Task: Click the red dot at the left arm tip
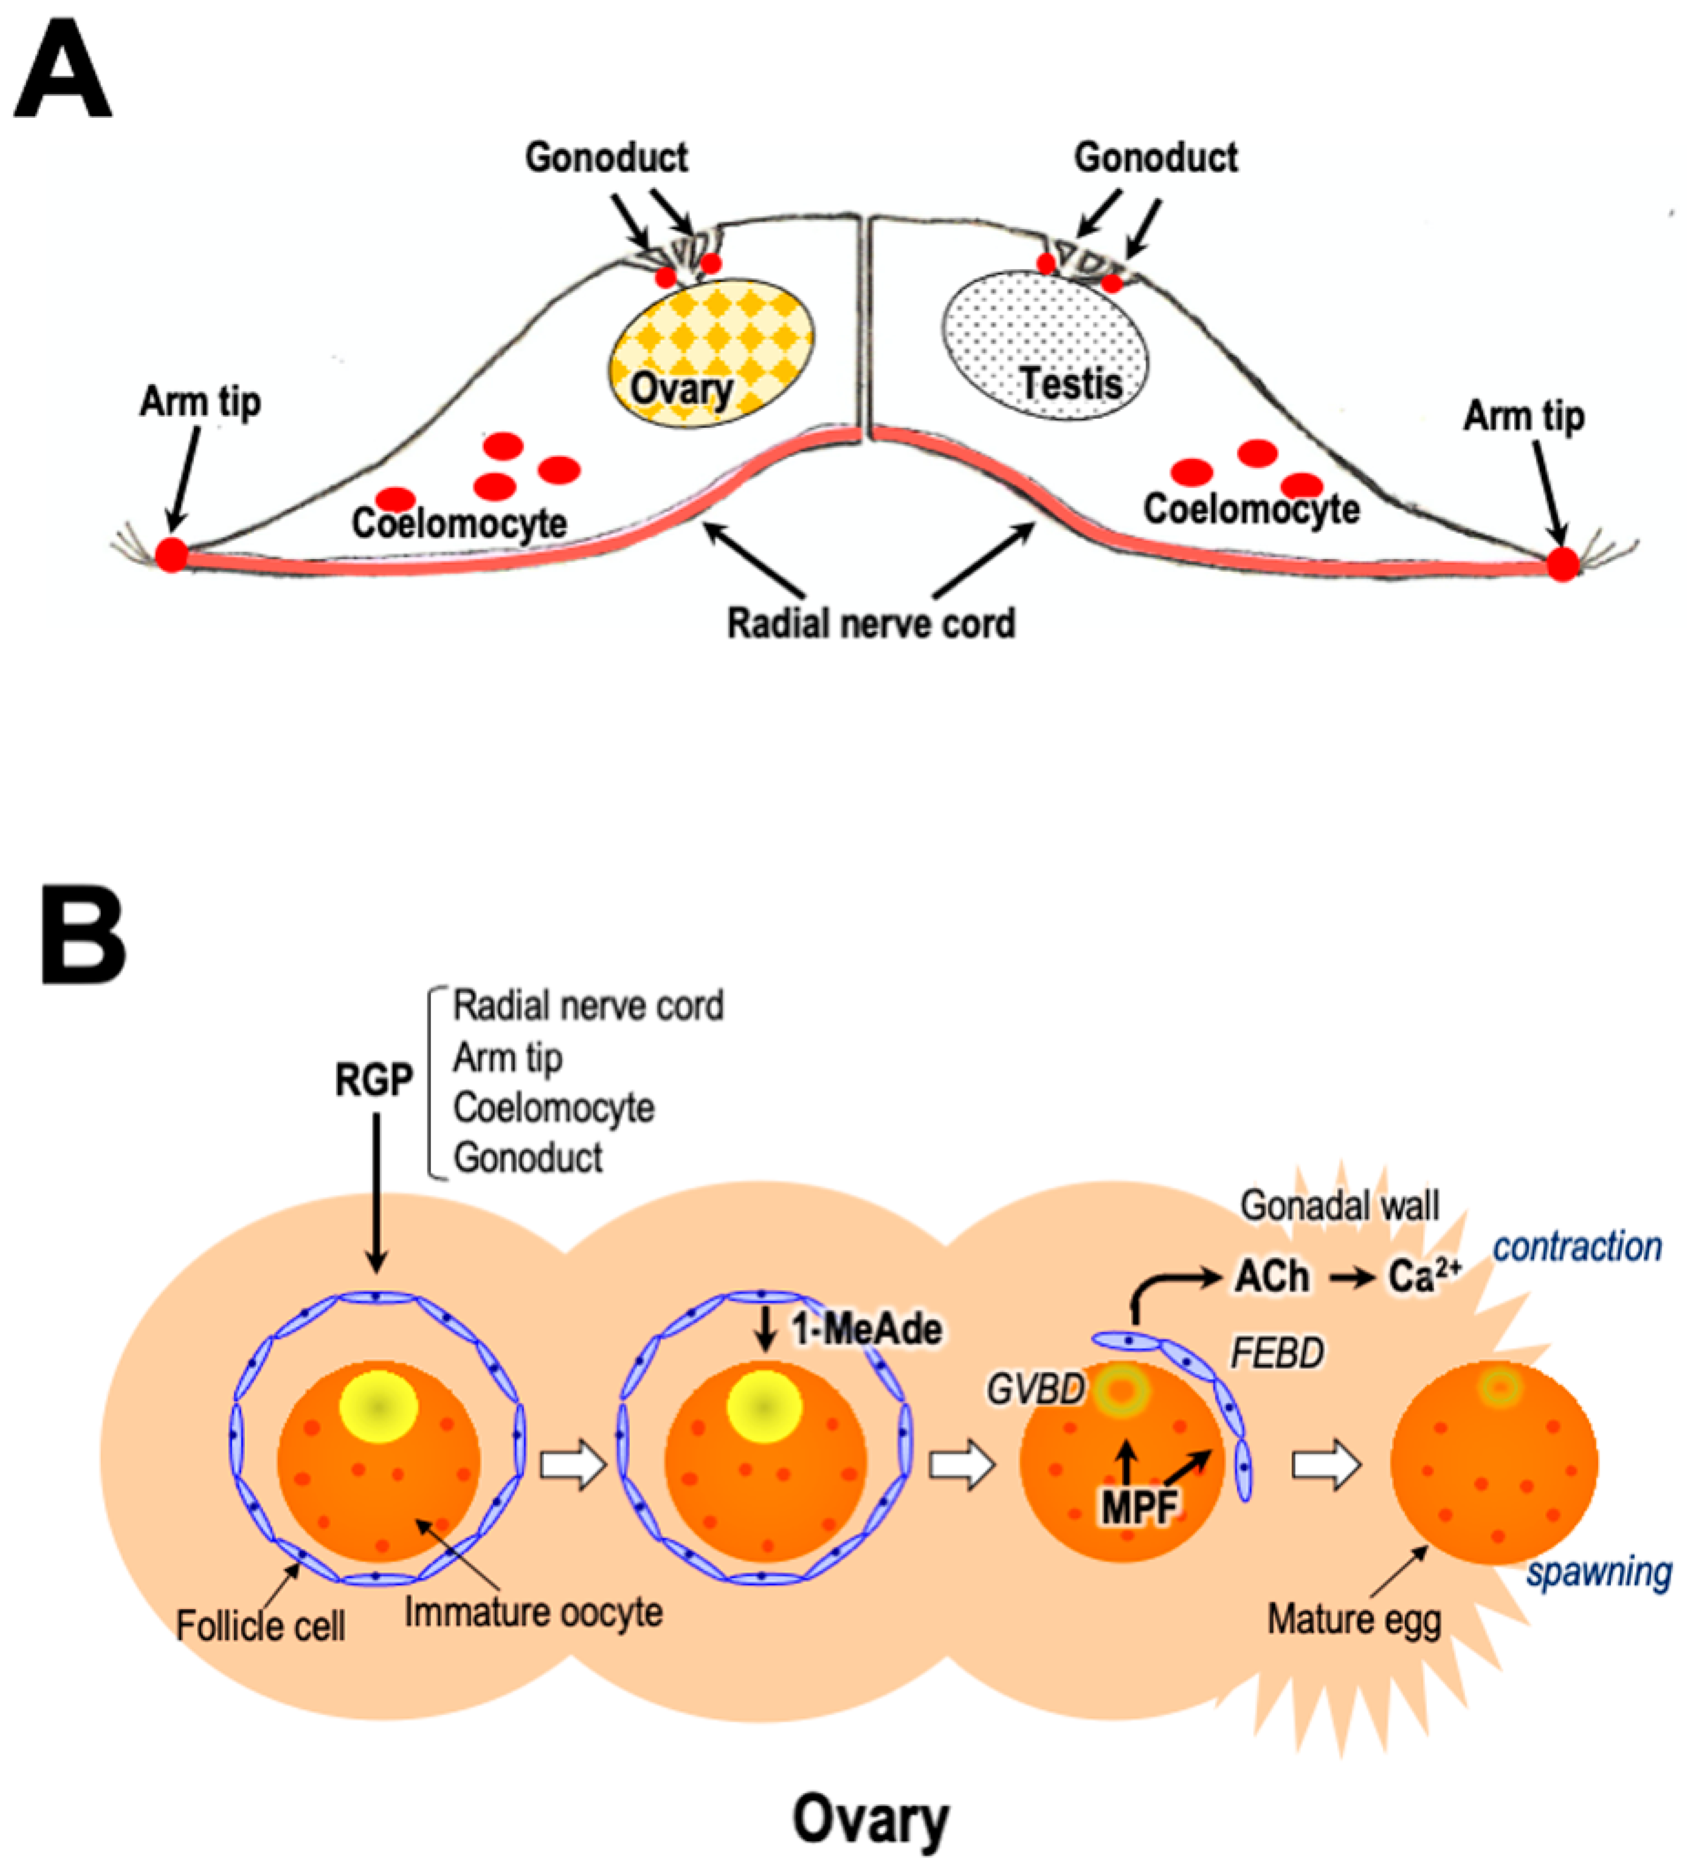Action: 171,554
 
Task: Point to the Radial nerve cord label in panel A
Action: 871,623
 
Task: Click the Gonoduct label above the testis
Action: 1155,157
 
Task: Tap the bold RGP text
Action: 373,1079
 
